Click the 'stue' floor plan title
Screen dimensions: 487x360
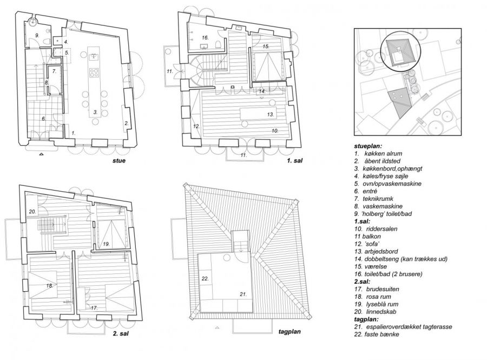(119, 161)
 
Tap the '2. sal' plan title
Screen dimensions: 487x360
(121, 334)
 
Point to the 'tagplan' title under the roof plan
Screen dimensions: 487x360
(289, 332)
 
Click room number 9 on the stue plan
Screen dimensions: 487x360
(37, 36)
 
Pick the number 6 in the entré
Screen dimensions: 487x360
(43, 119)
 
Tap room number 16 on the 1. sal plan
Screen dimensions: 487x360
(205, 38)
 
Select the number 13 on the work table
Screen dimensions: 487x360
(271, 114)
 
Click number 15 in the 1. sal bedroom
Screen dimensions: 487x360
(266, 46)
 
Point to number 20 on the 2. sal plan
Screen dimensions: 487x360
(32, 212)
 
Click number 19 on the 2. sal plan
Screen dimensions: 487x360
(107, 244)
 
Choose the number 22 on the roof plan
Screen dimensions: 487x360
(205, 279)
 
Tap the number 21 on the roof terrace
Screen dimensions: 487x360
(243, 294)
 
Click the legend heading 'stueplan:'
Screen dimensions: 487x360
(368, 146)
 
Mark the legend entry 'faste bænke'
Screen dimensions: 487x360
(381, 335)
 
